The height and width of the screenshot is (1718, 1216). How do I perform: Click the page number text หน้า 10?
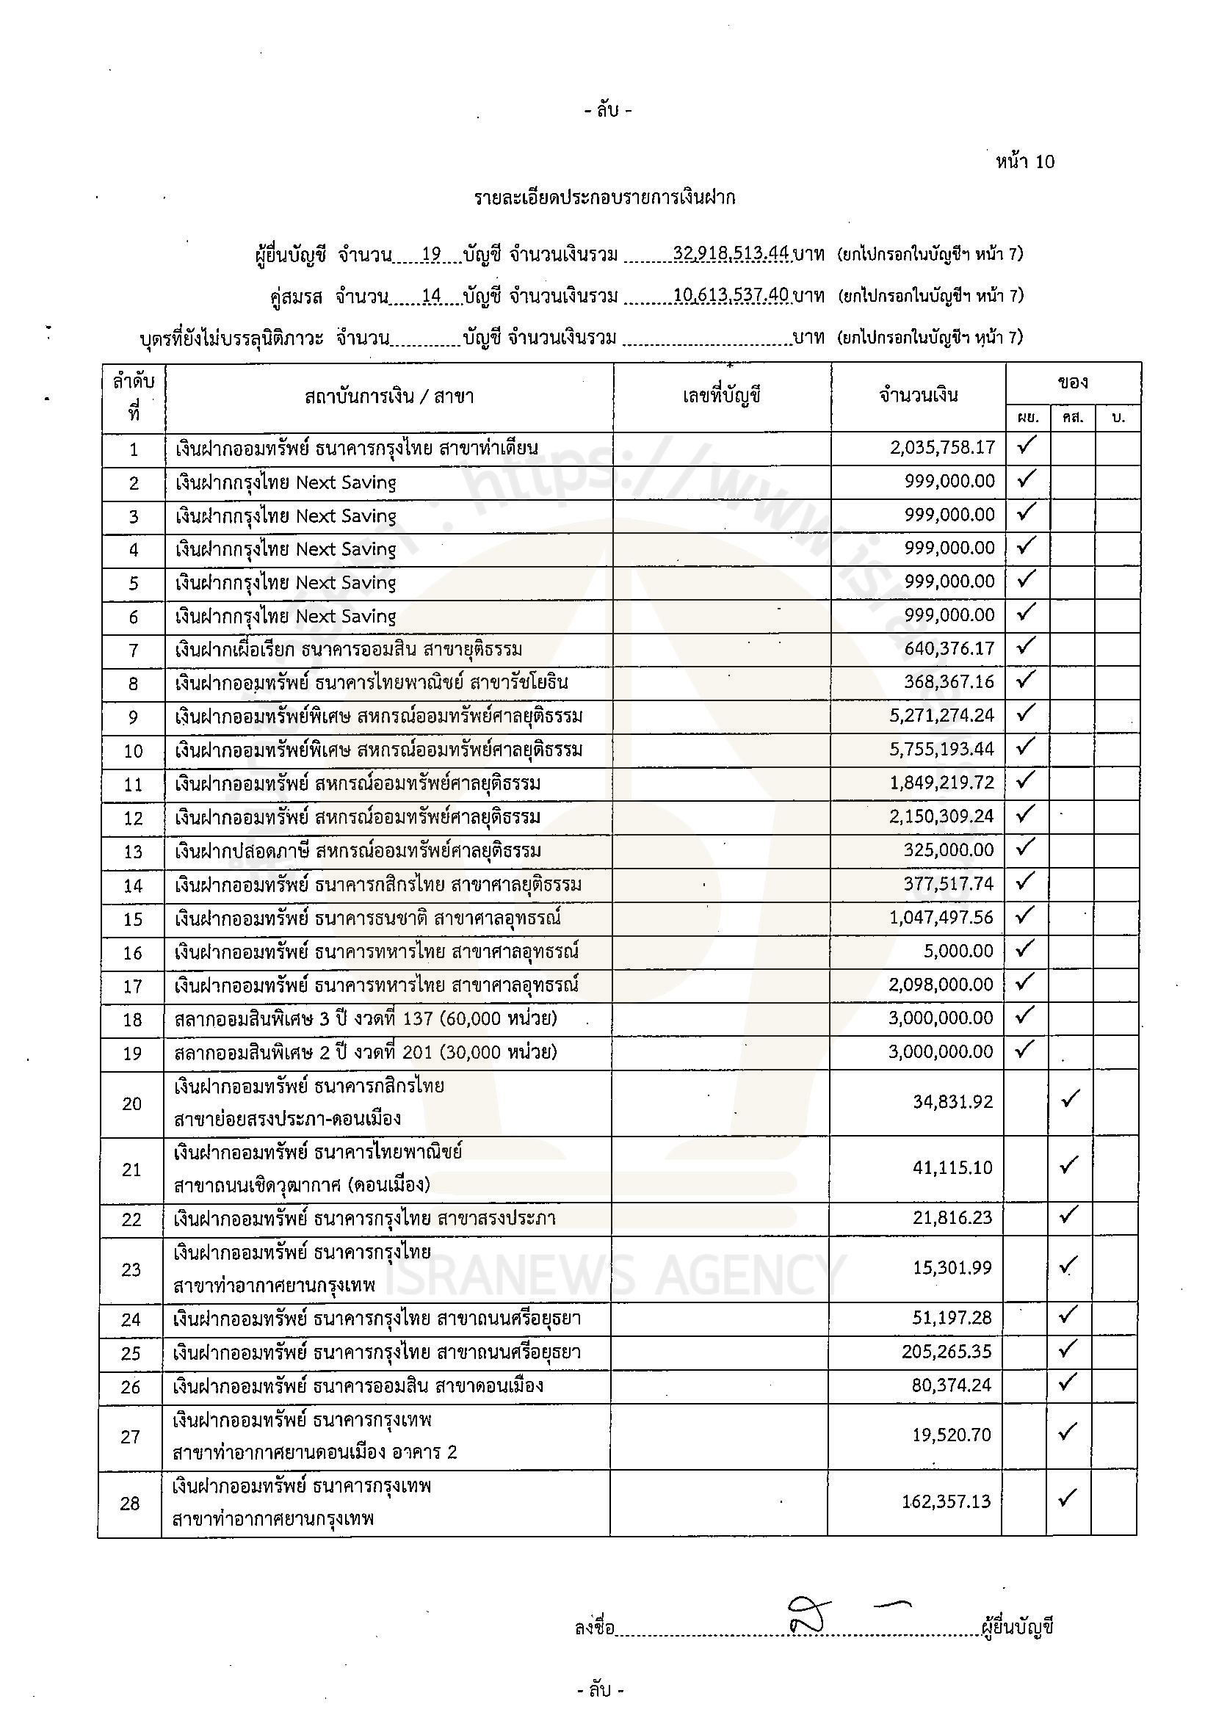coord(1024,162)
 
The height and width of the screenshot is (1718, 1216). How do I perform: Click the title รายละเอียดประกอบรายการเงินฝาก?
coord(605,197)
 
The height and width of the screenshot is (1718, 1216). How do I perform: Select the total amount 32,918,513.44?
coord(731,253)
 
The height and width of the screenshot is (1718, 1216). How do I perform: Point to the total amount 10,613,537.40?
coord(731,295)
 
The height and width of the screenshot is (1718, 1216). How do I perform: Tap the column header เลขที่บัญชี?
coord(721,396)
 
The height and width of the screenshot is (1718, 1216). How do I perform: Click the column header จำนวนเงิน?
coord(918,396)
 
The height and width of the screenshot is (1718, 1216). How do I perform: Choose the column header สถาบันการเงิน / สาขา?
coord(389,396)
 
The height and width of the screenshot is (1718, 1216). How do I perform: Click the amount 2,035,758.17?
coord(942,448)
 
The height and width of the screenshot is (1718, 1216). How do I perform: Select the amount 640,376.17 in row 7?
coord(949,648)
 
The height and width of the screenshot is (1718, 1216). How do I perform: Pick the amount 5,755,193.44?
coord(942,750)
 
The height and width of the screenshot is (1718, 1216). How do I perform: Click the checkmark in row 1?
coord(1027,446)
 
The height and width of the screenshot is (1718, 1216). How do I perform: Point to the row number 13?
coord(134,852)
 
